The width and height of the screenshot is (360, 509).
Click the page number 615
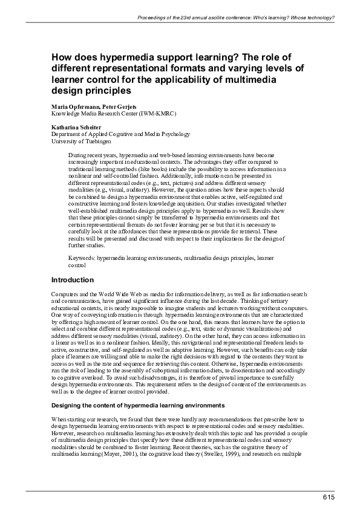coord(328,498)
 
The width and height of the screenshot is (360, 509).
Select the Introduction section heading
coord(72,280)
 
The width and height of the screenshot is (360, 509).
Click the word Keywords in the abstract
coord(82,258)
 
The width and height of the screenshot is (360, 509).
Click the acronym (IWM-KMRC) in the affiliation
coord(151,113)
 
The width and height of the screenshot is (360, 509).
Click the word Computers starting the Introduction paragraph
coord(65,293)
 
